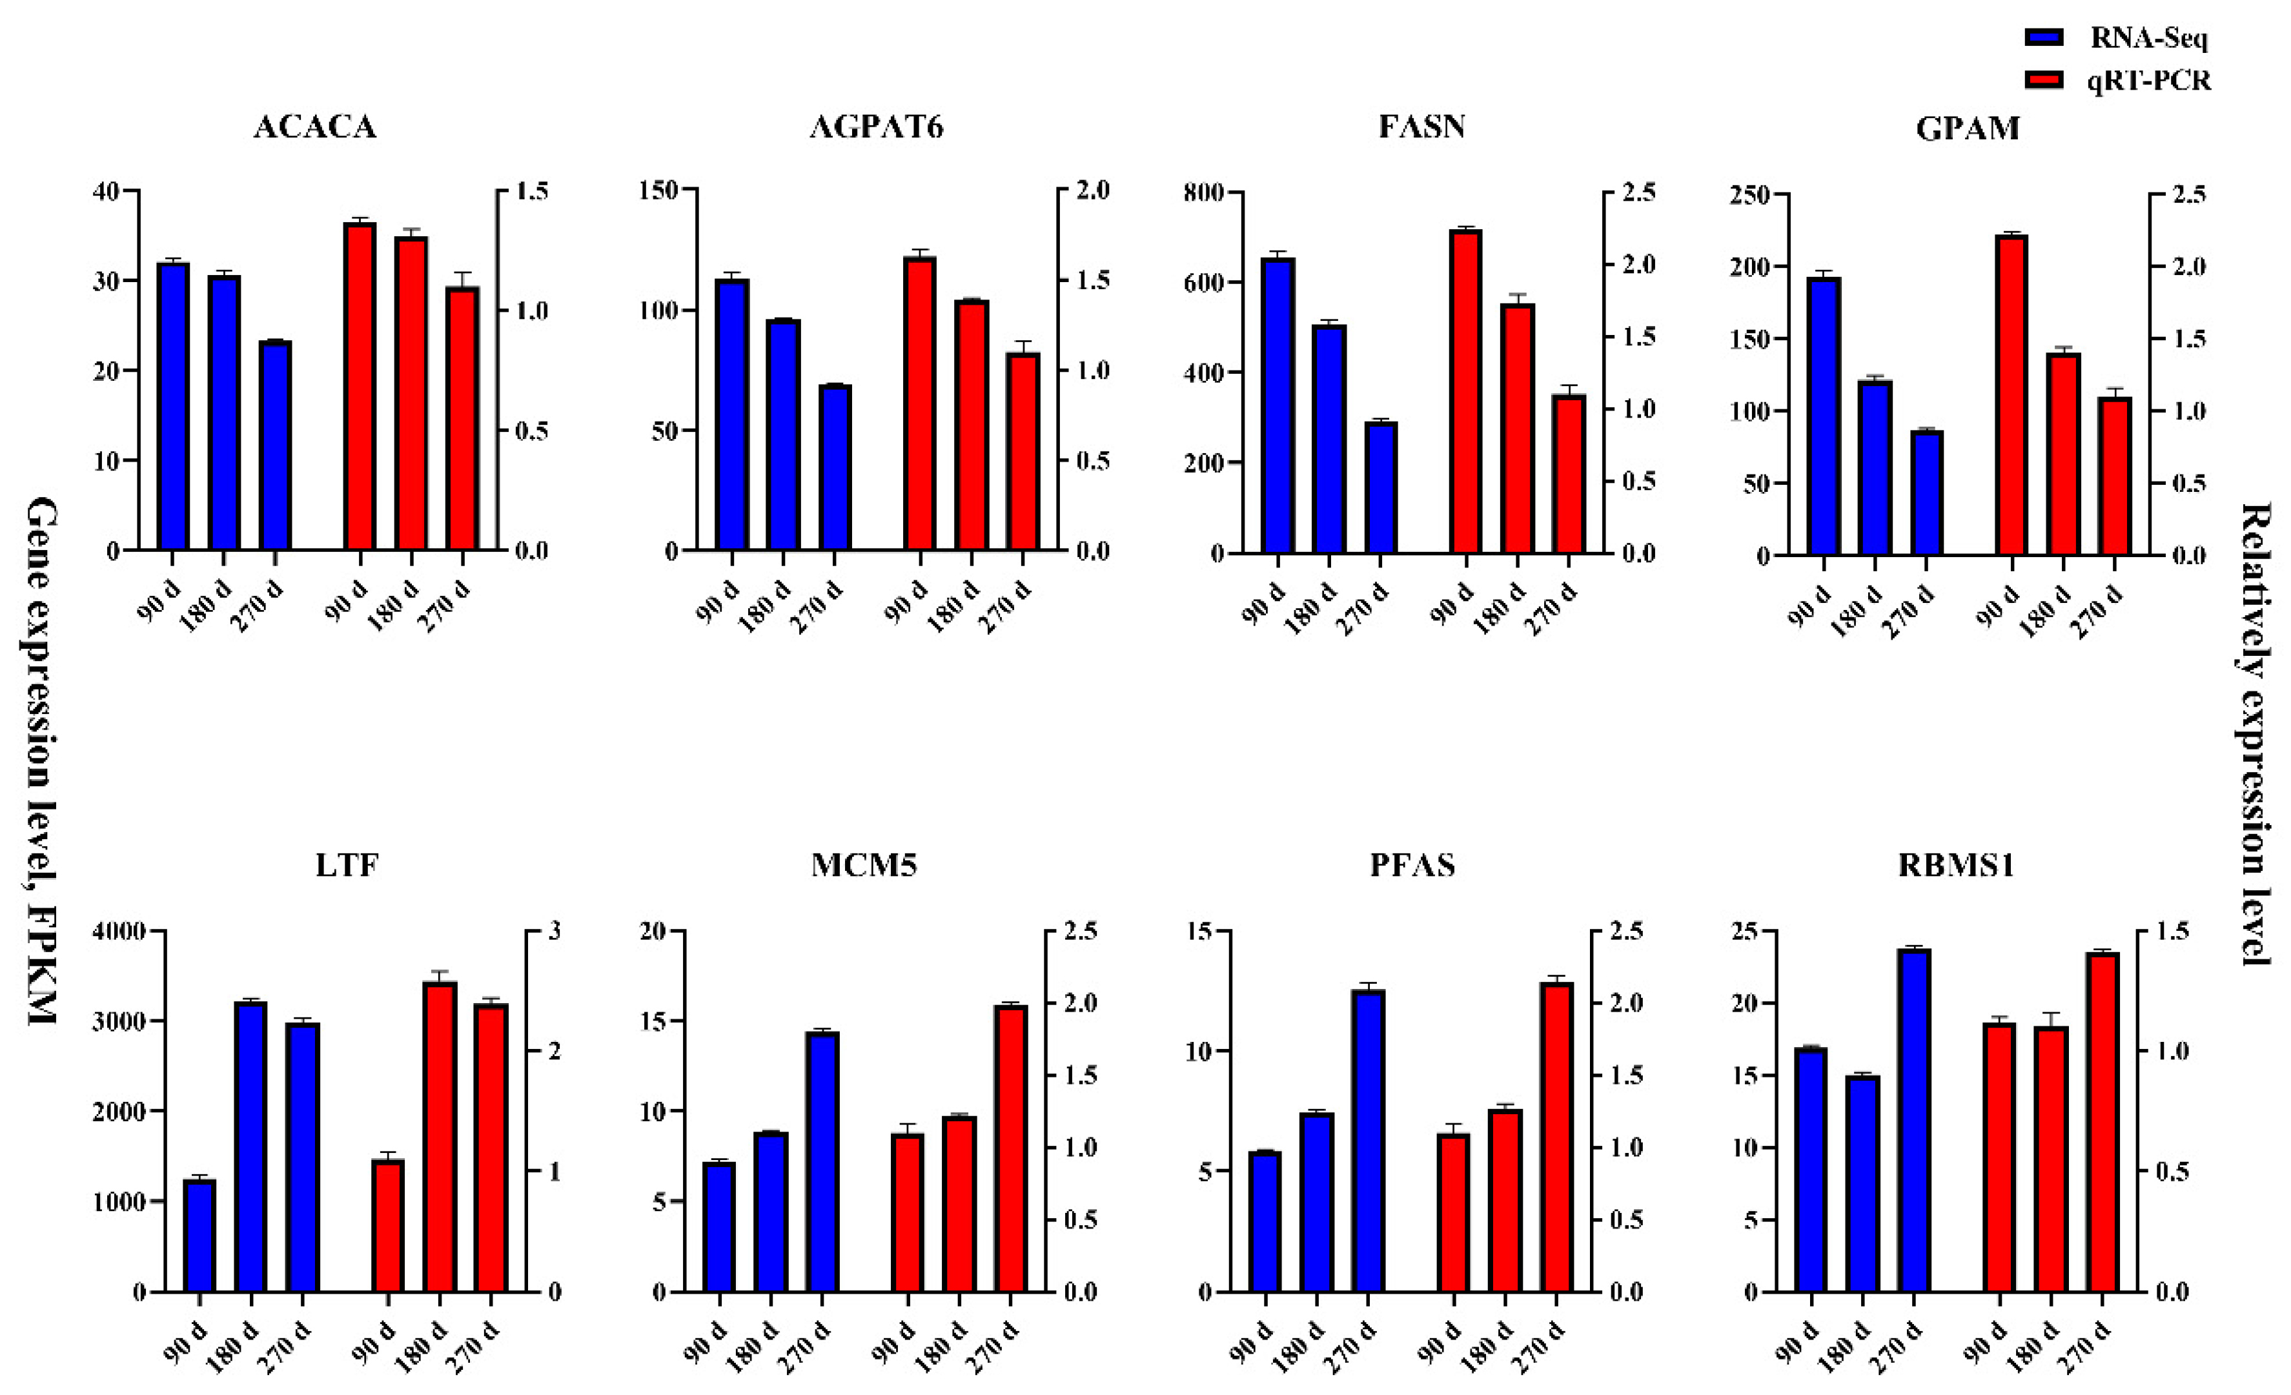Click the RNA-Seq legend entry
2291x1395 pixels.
pyautogui.click(x=2148, y=38)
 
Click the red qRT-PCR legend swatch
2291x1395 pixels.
pyautogui.click(x=2044, y=80)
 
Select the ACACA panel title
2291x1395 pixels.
pyautogui.click(x=314, y=127)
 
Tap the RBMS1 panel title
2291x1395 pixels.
pyautogui.click(x=1956, y=866)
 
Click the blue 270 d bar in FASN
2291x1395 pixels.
pyautogui.click(x=1381, y=487)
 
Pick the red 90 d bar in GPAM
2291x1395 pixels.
pyautogui.click(x=2012, y=394)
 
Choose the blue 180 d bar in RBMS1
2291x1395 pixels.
pyautogui.click(x=1862, y=1183)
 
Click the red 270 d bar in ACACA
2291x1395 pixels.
pyautogui.click(x=462, y=418)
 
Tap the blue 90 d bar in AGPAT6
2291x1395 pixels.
pyautogui.click(x=732, y=415)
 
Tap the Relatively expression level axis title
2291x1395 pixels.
pyautogui.click(x=2255, y=735)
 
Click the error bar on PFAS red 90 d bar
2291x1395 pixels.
pyautogui.click(x=1453, y=1128)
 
